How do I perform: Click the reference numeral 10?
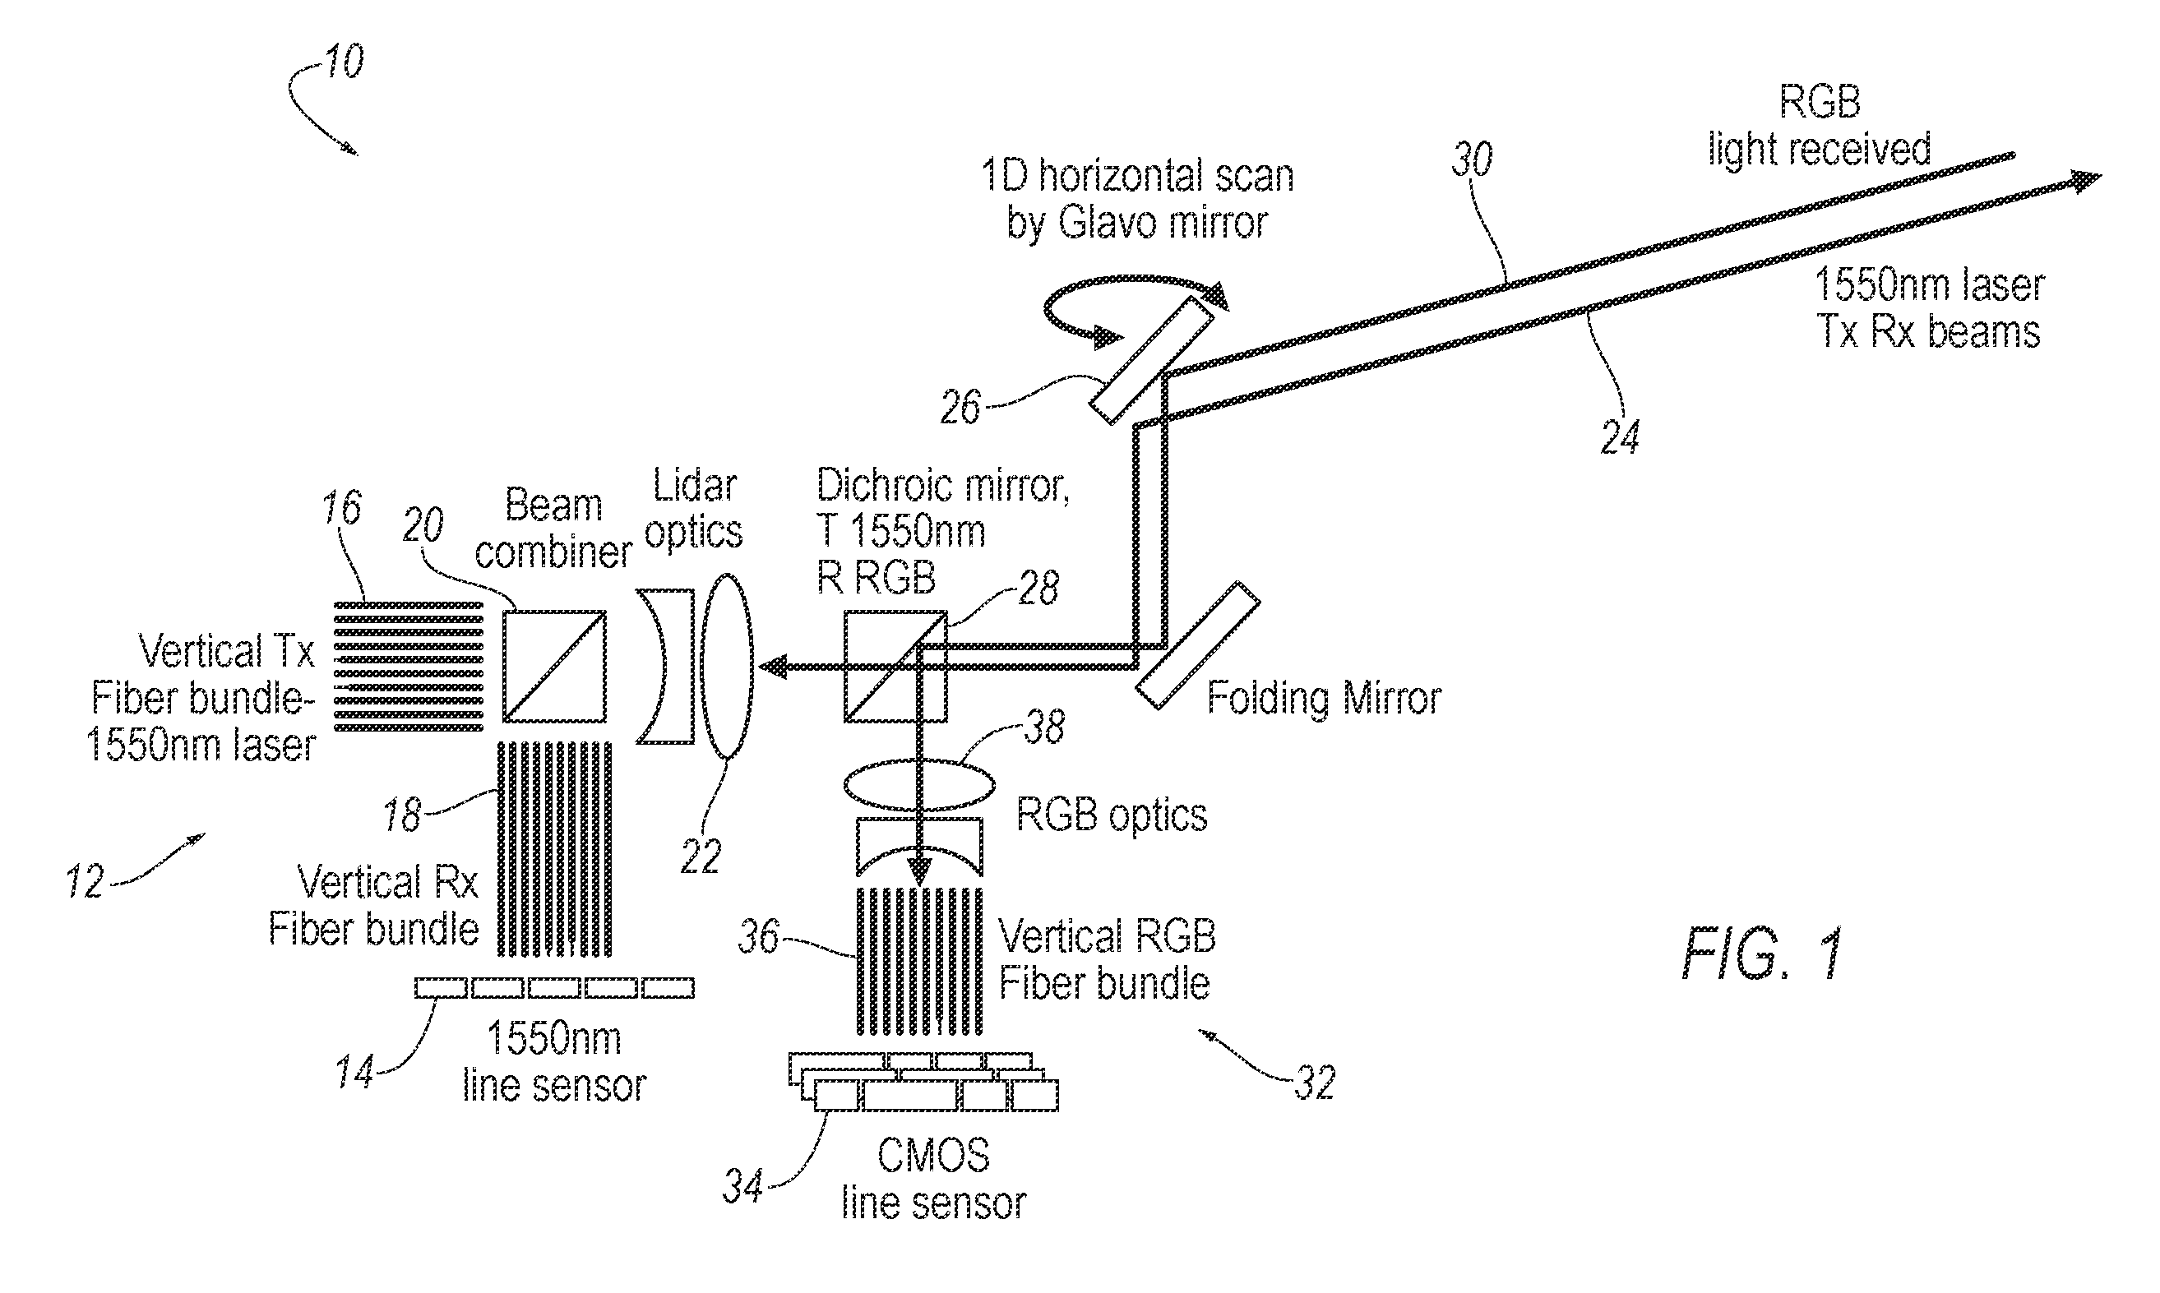tap(345, 62)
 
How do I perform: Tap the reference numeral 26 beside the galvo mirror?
tap(960, 407)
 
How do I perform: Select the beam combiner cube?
tap(554, 666)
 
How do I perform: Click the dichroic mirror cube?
tap(895, 666)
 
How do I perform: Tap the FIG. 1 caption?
tap(1762, 954)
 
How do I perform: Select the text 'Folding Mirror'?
tap(1324, 699)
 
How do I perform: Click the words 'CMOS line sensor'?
tap(933, 1179)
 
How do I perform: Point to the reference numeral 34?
tap(743, 1187)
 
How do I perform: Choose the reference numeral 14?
tap(355, 1072)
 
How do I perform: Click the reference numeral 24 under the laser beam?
tap(1620, 436)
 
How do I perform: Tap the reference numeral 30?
tap(1472, 159)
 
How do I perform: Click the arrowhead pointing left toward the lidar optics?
tap(773, 667)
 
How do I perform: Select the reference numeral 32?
tap(1314, 1083)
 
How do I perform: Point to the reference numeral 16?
tap(341, 507)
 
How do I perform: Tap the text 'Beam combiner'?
tap(553, 529)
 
